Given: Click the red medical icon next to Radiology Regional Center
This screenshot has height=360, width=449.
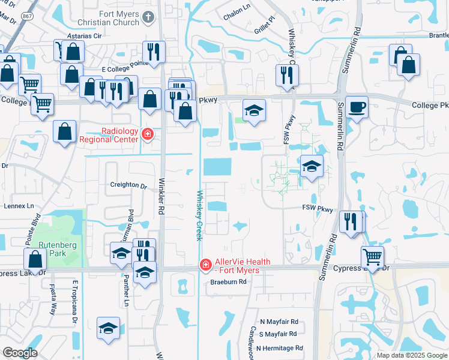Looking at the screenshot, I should pyautogui.click(x=146, y=133).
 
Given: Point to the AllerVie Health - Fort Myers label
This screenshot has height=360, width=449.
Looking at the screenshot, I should pyautogui.click(x=238, y=266).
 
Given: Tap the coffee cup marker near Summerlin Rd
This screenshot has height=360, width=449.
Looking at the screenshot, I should pyautogui.click(x=357, y=106).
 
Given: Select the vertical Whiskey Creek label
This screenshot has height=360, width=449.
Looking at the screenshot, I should pyautogui.click(x=198, y=215).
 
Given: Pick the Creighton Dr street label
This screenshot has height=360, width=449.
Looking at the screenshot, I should pyautogui.click(x=128, y=186).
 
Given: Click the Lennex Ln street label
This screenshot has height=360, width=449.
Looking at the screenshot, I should pyautogui.click(x=19, y=206).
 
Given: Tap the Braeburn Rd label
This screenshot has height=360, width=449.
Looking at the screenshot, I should pyautogui.click(x=228, y=281).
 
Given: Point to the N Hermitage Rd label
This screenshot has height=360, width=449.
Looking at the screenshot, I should pyautogui.click(x=279, y=348).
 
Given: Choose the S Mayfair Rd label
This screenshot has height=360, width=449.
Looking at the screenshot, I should pyautogui.click(x=277, y=334).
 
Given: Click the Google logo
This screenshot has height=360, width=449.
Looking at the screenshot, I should pyautogui.click(x=20, y=353).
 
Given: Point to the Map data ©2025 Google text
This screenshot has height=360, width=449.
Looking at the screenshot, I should pyautogui.click(x=412, y=355).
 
